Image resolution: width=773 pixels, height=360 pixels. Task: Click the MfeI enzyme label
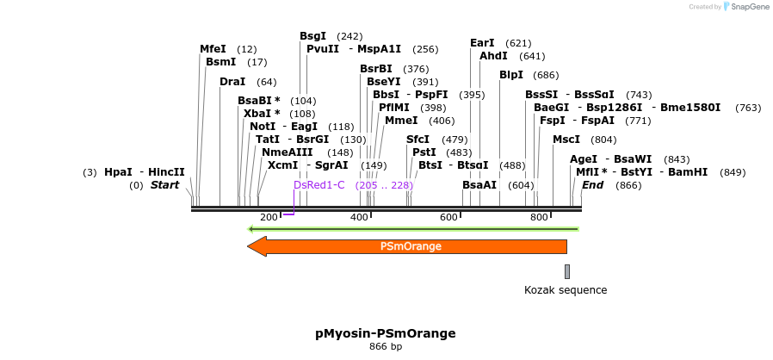213,49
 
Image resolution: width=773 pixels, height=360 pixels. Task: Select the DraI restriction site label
232,82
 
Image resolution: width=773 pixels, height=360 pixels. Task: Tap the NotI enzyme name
262,127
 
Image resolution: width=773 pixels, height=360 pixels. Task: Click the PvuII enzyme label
323,49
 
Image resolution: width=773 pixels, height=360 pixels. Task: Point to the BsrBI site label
376,69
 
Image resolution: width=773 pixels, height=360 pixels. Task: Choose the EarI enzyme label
482,43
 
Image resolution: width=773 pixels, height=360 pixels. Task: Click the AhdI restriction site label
493,56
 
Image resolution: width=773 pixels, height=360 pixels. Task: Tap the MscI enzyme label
566,140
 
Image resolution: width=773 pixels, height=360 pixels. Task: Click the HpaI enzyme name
118,172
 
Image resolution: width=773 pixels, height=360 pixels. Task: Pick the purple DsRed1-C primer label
319,184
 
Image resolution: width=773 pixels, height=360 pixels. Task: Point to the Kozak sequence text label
566,290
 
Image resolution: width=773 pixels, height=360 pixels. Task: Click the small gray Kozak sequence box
567,271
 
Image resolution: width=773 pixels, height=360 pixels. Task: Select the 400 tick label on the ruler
360,217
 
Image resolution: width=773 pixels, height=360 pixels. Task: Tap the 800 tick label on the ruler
539,217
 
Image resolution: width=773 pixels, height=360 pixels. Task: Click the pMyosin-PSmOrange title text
385,333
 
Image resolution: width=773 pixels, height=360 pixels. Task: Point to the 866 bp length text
386,347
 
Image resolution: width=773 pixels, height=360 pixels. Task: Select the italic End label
592,185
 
